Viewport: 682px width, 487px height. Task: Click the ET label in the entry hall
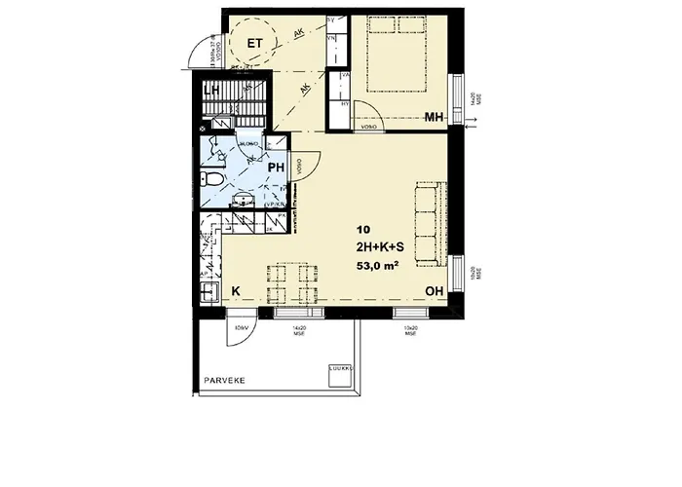coord(255,43)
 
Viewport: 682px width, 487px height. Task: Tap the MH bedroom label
coord(435,118)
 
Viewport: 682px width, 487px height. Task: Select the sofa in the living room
coord(430,223)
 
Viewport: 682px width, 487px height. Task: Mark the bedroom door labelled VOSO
coord(368,125)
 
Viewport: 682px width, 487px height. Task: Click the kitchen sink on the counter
coord(208,291)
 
